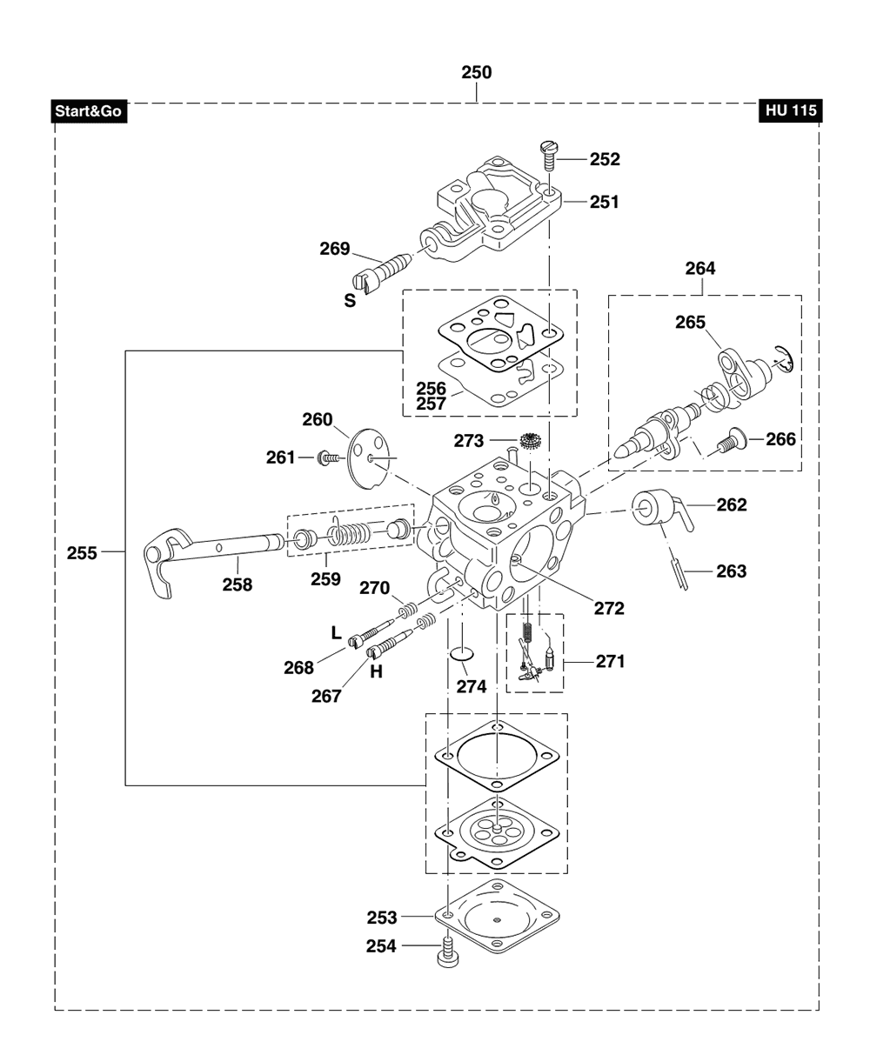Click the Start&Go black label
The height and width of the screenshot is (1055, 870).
(x=89, y=110)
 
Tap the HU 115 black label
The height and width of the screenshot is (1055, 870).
(x=791, y=110)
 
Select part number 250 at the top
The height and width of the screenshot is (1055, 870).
(x=476, y=73)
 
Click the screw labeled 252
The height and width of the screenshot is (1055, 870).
(x=547, y=157)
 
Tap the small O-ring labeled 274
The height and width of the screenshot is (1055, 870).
(x=462, y=654)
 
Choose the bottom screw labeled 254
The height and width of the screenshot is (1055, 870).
(x=447, y=952)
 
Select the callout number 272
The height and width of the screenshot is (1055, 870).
(x=609, y=608)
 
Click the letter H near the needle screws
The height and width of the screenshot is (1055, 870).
(x=376, y=672)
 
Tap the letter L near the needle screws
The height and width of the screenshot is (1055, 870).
(x=336, y=632)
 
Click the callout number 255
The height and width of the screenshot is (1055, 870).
(x=82, y=553)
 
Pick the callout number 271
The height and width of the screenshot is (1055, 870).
(x=610, y=661)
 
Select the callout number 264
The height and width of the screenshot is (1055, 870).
(x=700, y=268)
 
